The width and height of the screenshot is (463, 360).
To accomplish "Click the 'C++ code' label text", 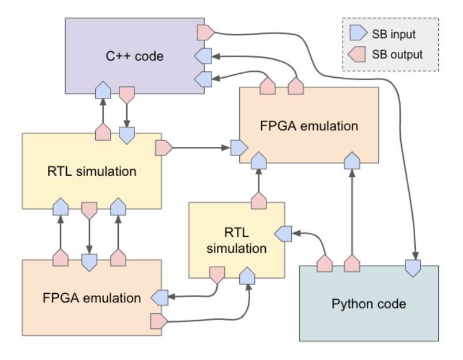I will click(x=134, y=56).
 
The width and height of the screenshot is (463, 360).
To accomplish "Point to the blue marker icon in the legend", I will click(x=357, y=35).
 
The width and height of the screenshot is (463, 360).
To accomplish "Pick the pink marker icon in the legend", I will click(x=357, y=55).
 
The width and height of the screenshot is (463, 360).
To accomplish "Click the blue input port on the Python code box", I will click(x=413, y=266).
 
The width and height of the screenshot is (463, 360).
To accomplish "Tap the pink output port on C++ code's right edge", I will click(x=205, y=33).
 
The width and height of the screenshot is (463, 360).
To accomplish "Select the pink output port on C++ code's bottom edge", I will click(x=126, y=94).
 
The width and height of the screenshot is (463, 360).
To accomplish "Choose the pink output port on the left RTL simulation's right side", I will click(x=164, y=147).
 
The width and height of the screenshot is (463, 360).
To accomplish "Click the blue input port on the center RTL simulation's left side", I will click(x=283, y=233).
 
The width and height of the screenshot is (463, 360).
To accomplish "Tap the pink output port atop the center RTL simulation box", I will click(x=258, y=201).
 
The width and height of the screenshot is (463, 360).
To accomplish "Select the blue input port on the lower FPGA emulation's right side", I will click(x=159, y=297).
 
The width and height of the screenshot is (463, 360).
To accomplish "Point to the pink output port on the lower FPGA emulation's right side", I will click(x=158, y=319).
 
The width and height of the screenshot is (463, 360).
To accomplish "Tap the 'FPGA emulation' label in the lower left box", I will click(x=92, y=298).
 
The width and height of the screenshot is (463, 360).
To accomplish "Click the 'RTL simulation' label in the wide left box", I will click(x=92, y=171).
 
